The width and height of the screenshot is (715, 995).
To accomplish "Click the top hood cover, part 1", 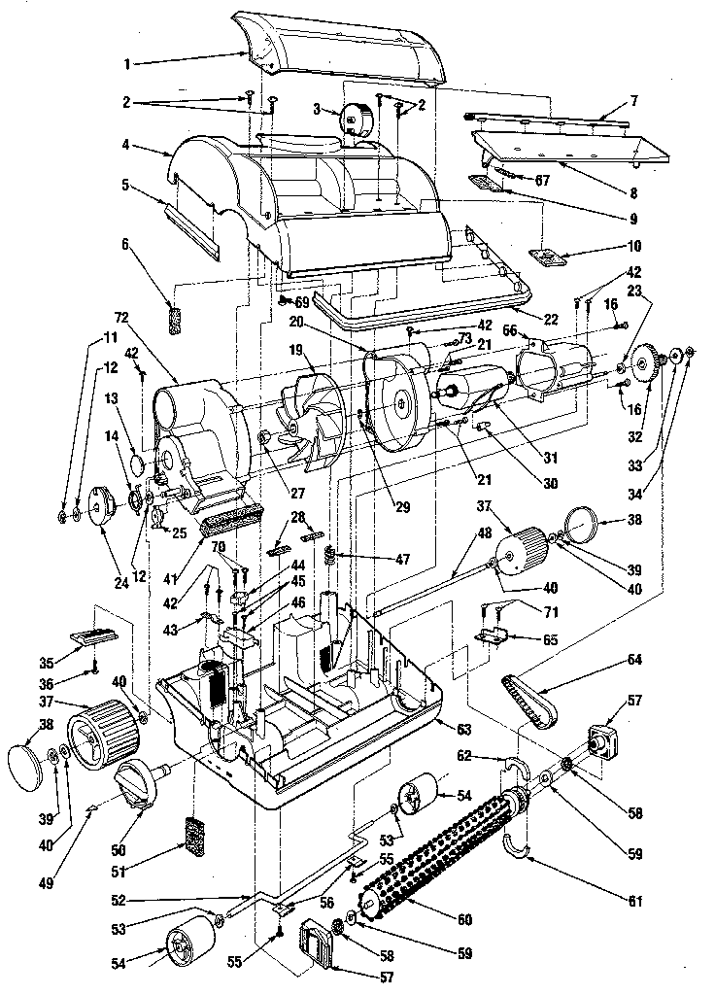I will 350,49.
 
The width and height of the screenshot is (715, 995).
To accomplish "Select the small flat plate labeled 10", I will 547,257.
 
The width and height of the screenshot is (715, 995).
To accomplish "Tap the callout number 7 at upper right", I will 632,101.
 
